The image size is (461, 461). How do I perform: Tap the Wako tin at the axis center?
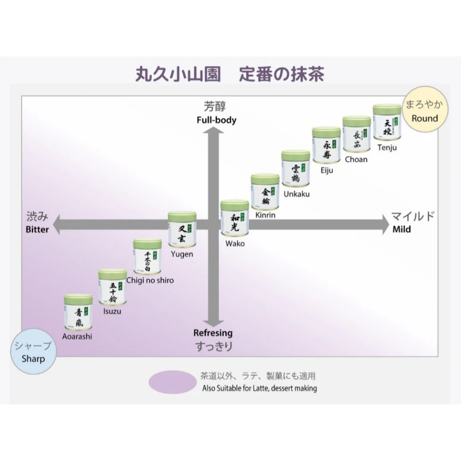point(235,218)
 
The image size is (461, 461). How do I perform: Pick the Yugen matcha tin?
point(182,230)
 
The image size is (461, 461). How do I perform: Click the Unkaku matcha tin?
point(295,169)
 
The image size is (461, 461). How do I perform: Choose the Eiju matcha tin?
point(326,145)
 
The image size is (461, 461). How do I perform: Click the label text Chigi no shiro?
point(149,280)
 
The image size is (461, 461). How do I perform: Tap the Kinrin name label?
point(265,215)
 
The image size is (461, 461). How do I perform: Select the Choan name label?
point(356,159)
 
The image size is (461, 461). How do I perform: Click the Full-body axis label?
point(217,120)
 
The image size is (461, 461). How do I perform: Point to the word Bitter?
point(37,229)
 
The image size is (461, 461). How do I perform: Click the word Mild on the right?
point(402,229)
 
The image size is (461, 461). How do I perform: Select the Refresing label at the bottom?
point(213,333)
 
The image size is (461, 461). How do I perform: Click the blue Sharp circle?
point(33,353)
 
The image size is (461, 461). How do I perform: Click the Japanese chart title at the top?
point(230,74)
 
